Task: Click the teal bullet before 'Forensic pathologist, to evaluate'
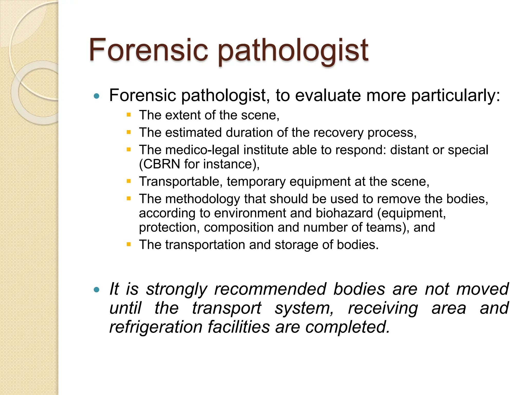(x=97, y=96)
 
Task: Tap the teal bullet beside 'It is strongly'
(x=97, y=290)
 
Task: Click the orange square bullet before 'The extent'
(x=129, y=115)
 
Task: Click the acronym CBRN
(x=162, y=164)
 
